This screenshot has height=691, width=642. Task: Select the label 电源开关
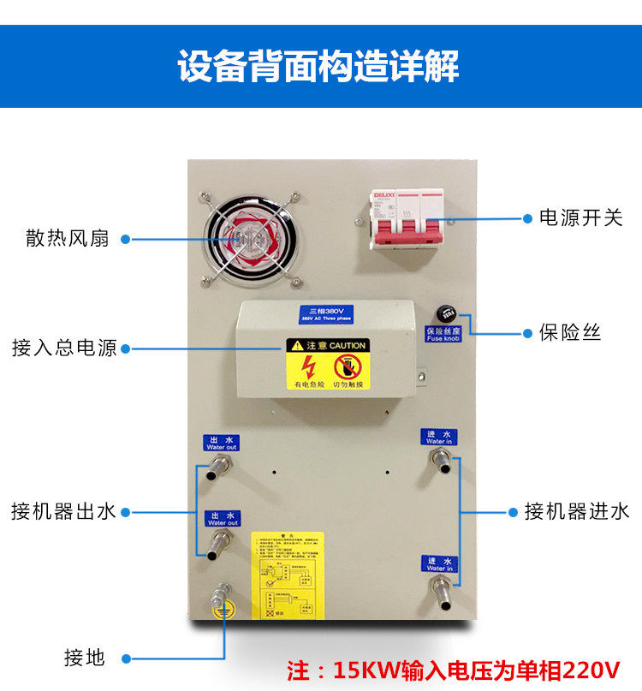(580, 218)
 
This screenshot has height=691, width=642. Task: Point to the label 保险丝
(570, 332)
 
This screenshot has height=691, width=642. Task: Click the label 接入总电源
(64, 348)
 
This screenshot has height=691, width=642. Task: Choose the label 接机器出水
(63, 512)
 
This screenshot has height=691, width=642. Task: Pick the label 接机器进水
(577, 512)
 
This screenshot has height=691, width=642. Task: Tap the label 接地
(84, 658)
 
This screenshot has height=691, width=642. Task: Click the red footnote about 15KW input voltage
(453, 669)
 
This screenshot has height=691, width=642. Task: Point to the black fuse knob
(444, 313)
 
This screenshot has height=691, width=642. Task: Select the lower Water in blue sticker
(440, 563)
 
